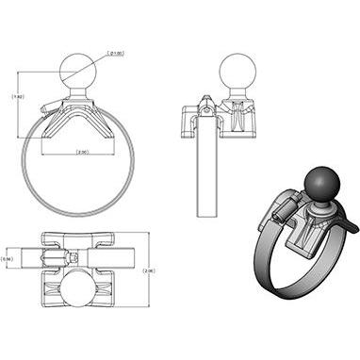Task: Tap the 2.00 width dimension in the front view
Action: tap(81, 152)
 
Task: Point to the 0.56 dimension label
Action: tap(8, 258)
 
